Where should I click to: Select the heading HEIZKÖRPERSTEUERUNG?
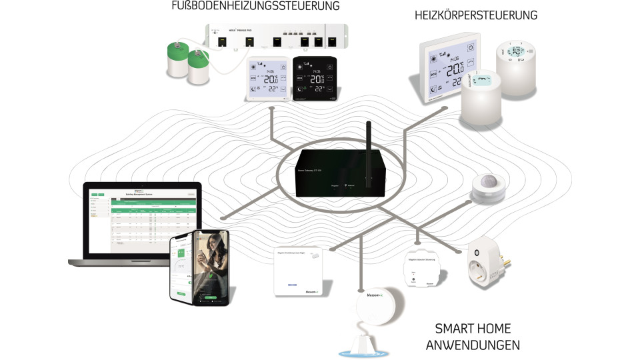coord(475,15)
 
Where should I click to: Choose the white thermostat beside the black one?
coord(269,79)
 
